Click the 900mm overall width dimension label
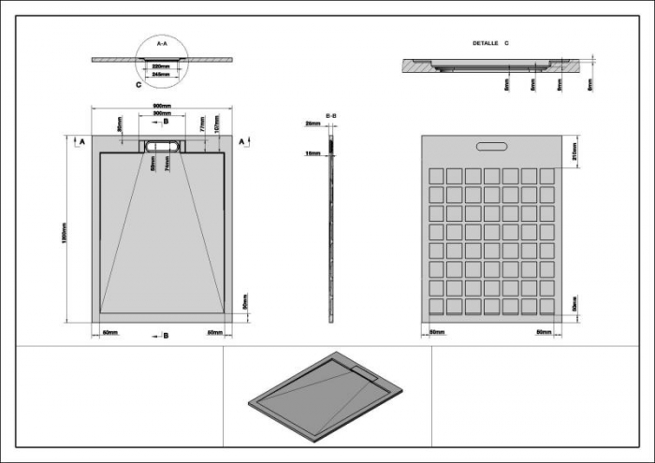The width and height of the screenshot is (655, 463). click(161, 105)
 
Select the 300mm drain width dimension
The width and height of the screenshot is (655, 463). click(161, 113)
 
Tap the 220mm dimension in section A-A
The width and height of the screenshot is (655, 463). click(161, 66)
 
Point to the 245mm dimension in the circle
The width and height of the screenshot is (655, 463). click(161, 75)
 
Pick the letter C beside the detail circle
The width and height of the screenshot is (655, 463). click(138, 84)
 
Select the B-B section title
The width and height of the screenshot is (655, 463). click(331, 116)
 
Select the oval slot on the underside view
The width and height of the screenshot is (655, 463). click(492, 145)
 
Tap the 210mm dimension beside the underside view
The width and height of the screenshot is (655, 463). click(573, 150)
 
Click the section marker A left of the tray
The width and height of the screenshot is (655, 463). click(81, 140)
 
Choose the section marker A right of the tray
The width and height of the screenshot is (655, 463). click(242, 140)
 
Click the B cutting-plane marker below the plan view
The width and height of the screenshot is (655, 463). click(166, 334)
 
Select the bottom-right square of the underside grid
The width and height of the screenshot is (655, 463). click(547, 306)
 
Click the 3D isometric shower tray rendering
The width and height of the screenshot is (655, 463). click(327, 394)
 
